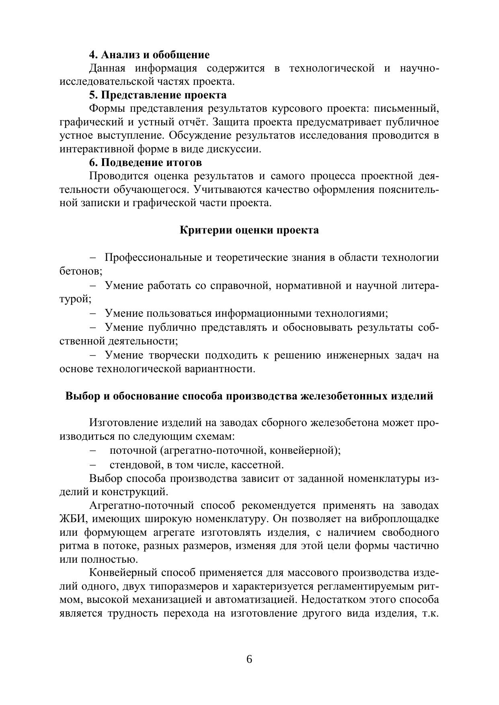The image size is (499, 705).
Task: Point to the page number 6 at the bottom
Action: point(249,660)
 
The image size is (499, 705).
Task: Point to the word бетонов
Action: point(80,271)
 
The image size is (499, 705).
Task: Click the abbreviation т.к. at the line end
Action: point(430,614)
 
